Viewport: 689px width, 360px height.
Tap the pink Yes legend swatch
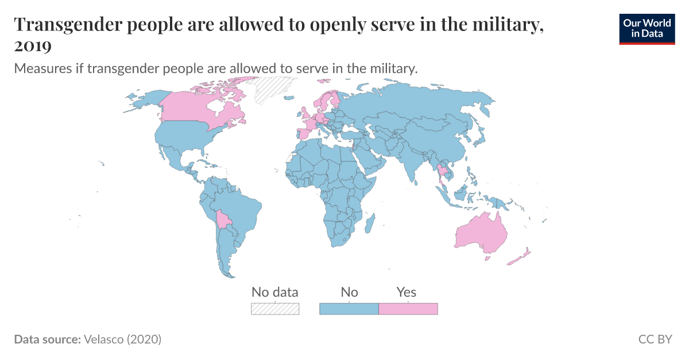click(x=408, y=309)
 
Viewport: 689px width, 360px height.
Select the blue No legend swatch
click(x=349, y=309)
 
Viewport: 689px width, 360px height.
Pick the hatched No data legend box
click(x=275, y=309)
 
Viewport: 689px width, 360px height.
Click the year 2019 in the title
click(x=33, y=45)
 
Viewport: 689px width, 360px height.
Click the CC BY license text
click(x=655, y=339)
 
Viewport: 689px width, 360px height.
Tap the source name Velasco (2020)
click(x=122, y=339)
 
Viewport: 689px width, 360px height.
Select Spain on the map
click(x=302, y=134)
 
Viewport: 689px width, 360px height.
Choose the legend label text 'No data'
click(x=275, y=292)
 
